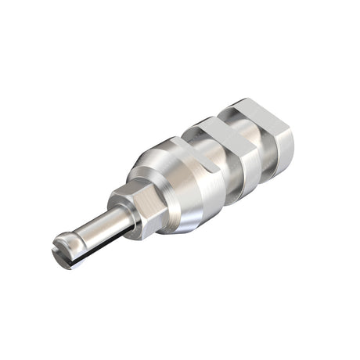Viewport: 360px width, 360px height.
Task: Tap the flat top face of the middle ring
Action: tap(216, 125)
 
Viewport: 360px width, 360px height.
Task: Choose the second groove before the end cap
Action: tap(263, 145)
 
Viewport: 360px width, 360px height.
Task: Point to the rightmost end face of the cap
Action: tap(286, 146)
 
